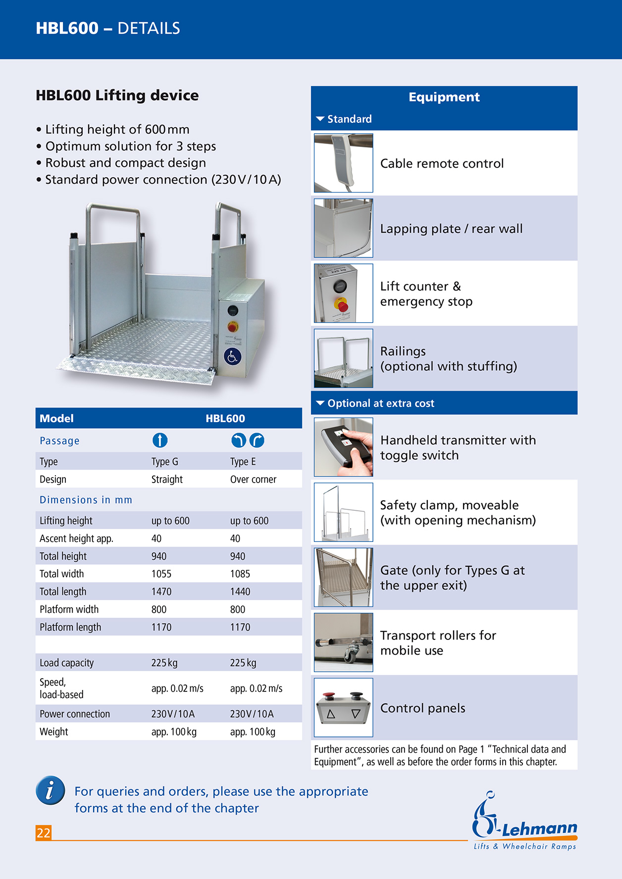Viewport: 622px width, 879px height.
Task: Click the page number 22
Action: click(x=44, y=833)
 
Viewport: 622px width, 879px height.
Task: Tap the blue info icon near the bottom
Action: click(x=50, y=790)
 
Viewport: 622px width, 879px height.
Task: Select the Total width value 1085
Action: click(x=240, y=574)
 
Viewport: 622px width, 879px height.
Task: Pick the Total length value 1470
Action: click(x=161, y=591)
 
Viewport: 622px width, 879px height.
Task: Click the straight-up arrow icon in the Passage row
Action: click(x=159, y=440)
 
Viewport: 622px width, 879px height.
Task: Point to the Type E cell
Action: click(x=243, y=462)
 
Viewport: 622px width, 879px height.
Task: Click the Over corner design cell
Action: click(x=253, y=479)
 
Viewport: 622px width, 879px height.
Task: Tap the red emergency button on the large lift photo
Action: click(x=233, y=327)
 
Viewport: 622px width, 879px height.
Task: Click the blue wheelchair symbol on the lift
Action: click(x=232, y=356)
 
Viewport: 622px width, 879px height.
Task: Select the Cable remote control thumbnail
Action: click(x=343, y=163)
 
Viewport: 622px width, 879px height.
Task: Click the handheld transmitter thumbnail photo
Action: click(x=343, y=447)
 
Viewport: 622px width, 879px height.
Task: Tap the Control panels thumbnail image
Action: click(x=343, y=708)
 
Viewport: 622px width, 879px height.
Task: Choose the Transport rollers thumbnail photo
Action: click(x=343, y=642)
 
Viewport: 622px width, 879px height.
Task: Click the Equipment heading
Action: click(x=444, y=97)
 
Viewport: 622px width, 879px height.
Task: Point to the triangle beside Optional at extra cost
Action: click(x=320, y=403)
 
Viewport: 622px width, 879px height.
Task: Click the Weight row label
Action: click(x=54, y=732)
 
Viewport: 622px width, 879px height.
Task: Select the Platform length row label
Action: click(x=70, y=627)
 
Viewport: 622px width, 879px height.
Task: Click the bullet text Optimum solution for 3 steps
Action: click(x=131, y=146)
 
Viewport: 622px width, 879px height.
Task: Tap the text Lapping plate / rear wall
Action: click(x=451, y=229)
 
